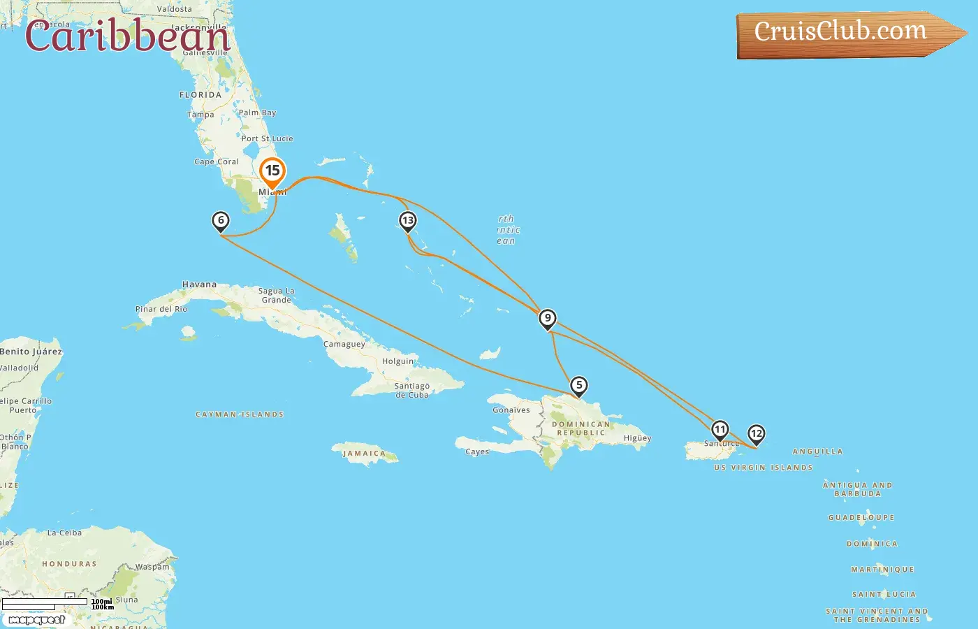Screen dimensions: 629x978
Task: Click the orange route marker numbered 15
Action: coord(272,172)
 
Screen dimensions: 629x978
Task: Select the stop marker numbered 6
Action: coord(221,222)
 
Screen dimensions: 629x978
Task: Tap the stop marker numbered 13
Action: coord(407,222)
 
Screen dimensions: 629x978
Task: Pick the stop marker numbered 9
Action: coord(548,319)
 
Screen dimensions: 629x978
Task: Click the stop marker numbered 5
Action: coord(578,386)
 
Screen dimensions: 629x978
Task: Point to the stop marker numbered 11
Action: coord(720,430)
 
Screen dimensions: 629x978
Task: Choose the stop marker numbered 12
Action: coord(756,434)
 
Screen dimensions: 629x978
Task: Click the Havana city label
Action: coord(199,284)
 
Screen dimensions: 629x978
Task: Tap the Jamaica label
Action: coord(364,454)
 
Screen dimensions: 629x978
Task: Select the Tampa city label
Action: coord(200,115)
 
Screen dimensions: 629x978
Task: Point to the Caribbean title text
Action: coord(127,36)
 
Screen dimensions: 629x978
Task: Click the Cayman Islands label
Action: coord(240,414)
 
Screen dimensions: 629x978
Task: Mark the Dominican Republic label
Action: coord(581,428)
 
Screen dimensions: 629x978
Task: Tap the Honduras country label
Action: coord(69,564)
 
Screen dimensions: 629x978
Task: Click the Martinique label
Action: coord(882,570)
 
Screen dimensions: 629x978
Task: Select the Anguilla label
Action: coord(817,451)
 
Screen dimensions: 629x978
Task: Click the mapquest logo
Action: coord(36,619)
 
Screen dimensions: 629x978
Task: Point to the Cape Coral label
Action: coord(217,161)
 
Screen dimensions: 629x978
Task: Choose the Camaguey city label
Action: coord(344,344)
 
